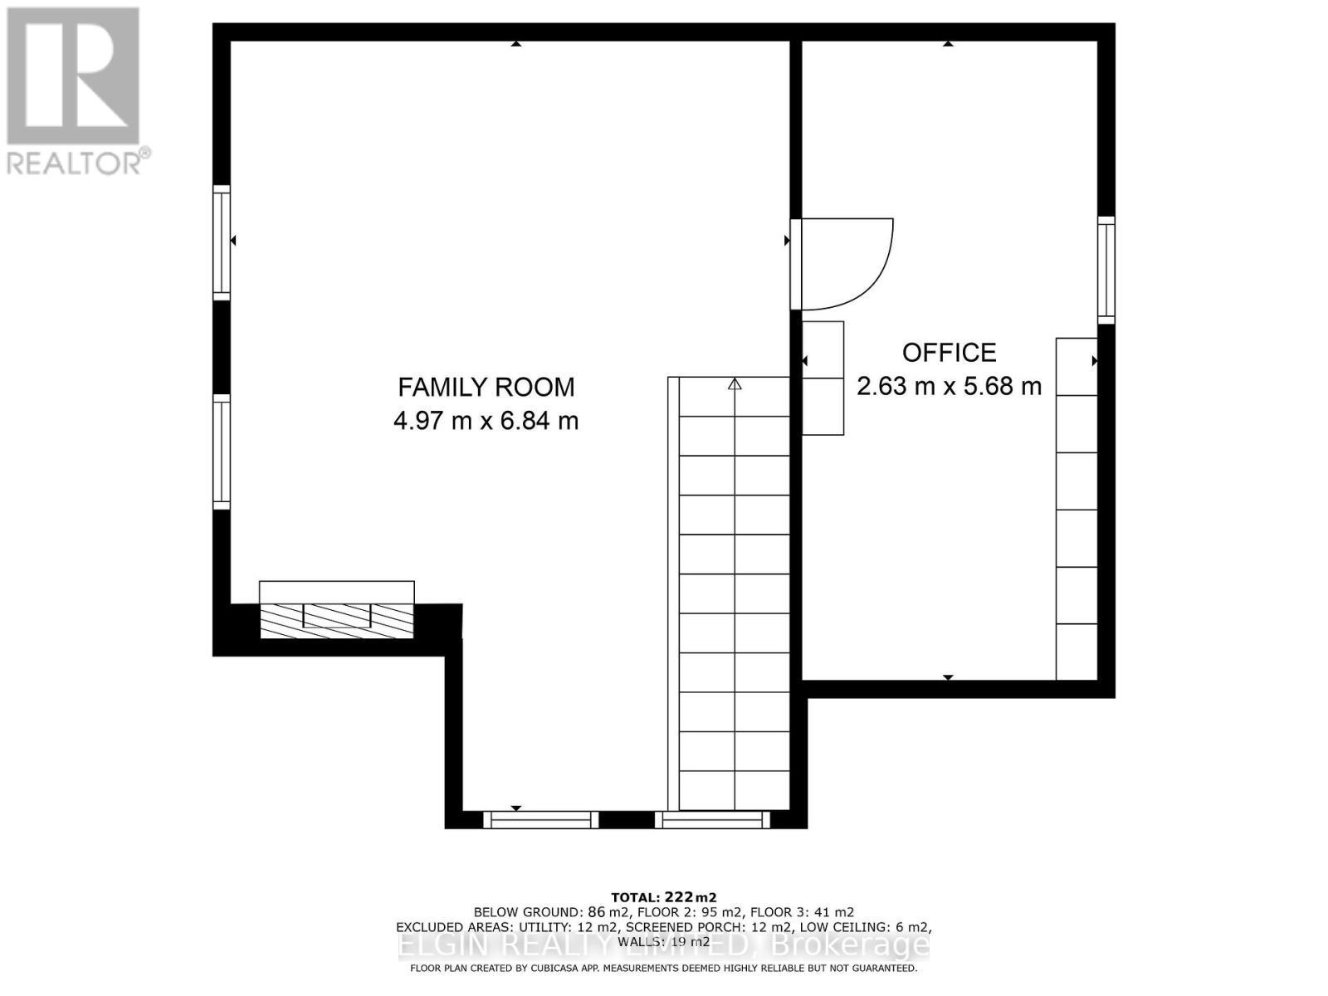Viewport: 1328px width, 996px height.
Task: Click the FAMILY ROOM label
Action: click(486, 387)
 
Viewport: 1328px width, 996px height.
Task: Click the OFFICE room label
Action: click(949, 353)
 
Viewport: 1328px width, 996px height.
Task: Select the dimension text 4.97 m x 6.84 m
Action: click(486, 421)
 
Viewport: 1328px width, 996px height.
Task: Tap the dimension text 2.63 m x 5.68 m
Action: click(949, 386)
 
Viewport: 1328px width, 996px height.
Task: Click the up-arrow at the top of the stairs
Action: click(735, 384)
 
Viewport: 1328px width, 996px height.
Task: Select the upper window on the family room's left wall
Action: click(222, 242)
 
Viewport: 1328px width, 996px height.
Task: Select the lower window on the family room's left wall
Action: click(222, 452)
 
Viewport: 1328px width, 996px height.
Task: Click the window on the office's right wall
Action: click(1106, 270)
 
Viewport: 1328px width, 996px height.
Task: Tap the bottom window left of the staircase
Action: click(540, 820)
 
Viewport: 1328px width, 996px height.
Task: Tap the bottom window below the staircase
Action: click(712, 820)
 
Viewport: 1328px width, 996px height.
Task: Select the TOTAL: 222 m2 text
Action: click(663, 897)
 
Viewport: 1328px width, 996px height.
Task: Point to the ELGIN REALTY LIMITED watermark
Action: click(664, 945)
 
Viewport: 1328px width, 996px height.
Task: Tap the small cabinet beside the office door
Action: click(823, 378)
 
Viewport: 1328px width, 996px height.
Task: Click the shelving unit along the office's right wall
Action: click(1077, 508)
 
